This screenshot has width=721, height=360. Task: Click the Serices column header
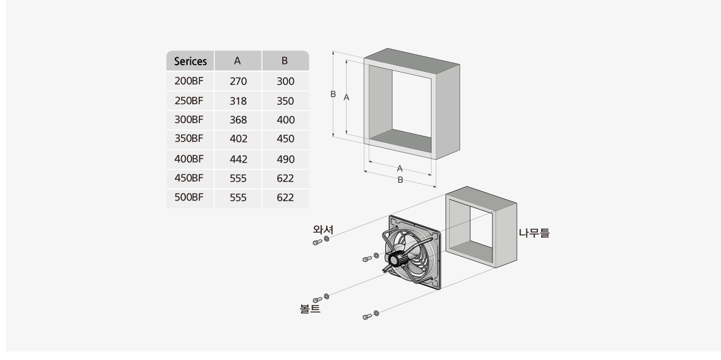tap(190, 61)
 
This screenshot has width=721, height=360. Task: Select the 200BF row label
tap(188, 81)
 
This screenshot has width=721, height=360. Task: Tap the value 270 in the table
tap(238, 81)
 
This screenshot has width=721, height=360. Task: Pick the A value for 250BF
tap(238, 101)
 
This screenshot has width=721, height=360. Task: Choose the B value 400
tap(285, 120)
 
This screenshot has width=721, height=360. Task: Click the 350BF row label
tap(188, 139)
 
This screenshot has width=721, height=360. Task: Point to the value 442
tap(238, 159)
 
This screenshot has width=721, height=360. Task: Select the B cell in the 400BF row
tap(285, 159)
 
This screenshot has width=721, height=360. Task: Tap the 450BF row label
tap(188, 178)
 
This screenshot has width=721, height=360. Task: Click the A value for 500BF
tap(238, 197)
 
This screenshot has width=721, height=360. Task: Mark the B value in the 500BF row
tap(285, 197)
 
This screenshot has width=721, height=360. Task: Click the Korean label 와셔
tap(323, 230)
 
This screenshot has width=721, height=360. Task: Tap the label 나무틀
tap(534, 232)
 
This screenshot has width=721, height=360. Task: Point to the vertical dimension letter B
tap(333, 94)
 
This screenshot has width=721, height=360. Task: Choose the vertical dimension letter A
tap(346, 97)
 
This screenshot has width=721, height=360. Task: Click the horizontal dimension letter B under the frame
tap(400, 180)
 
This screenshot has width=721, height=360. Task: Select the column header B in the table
tap(285, 61)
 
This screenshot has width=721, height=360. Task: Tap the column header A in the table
tap(238, 61)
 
